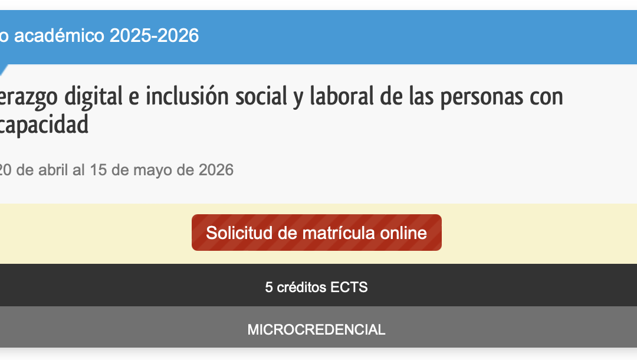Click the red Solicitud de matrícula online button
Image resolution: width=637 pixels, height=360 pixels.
pyautogui.click(x=316, y=233)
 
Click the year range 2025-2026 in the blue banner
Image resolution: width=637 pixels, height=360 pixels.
pyautogui.click(x=154, y=36)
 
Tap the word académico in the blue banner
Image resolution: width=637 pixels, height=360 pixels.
pyautogui.click(x=58, y=36)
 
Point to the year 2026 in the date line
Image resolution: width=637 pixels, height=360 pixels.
pyautogui.click(x=216, y=171)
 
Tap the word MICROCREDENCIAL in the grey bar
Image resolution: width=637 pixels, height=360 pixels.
pyautogui.click(x=316, y=329)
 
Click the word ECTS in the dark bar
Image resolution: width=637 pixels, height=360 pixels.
pyautogui.click(x=349, y=287)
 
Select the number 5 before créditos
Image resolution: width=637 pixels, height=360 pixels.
pyautogui.click(x=269, y=287)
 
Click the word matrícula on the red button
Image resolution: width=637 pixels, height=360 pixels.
pyautogui.click(x=339, y=233)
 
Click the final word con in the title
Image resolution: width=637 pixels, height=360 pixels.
pyautogui.click(x=546, y=96)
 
